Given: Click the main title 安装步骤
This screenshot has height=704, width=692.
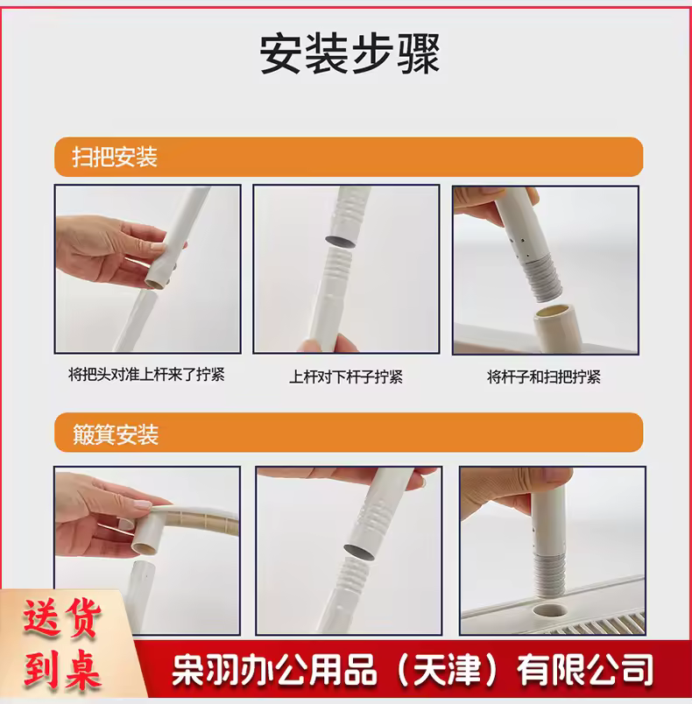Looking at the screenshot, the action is coord(350,53).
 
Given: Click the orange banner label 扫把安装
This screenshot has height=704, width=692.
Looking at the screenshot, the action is coord(115,157).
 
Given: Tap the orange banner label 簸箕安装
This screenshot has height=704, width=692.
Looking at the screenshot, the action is coord(116,434).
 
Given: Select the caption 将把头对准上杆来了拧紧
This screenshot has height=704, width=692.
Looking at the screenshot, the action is coord(146,375).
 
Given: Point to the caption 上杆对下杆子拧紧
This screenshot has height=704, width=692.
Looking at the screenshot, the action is coord(346,377).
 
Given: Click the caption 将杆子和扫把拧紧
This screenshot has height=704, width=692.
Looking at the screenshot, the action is coord(544,377).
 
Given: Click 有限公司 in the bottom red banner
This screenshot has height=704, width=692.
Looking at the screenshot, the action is coord(585,671).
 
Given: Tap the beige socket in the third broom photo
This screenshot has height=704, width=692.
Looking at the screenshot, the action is coord(555,327).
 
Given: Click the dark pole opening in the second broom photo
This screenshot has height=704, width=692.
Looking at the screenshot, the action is coord(340,241).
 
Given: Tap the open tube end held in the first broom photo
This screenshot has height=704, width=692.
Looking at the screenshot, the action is coord(156,283).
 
